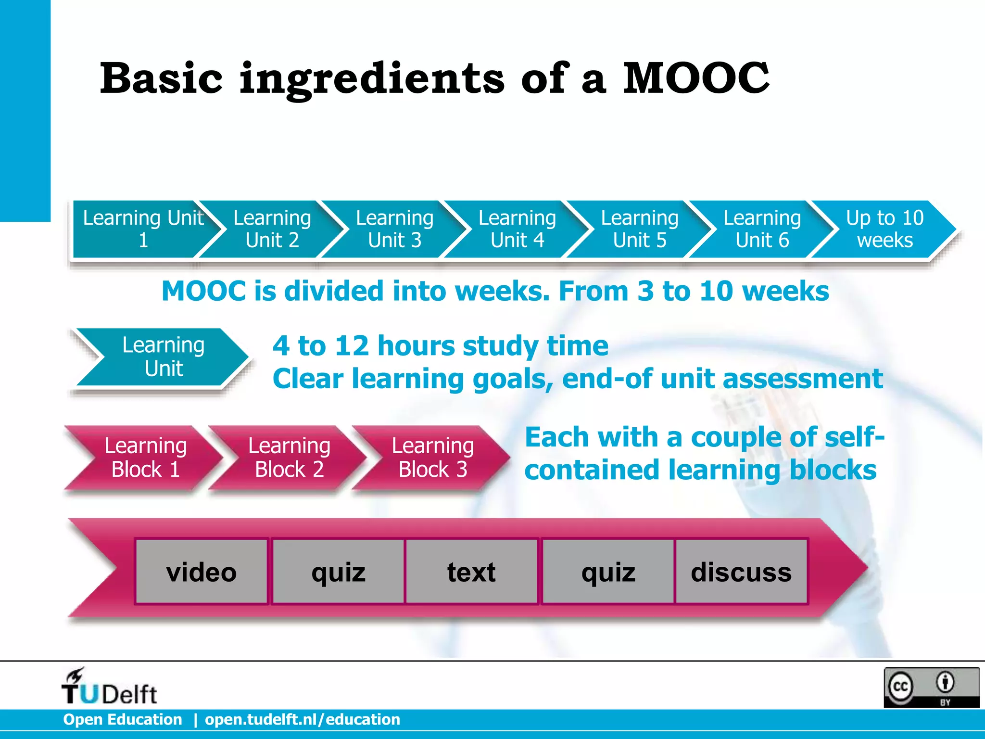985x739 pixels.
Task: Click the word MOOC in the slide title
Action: point(696,78)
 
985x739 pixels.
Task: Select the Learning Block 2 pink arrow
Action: point(289,458)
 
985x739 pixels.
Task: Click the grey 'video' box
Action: point(202,572)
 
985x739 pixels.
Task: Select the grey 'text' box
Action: point(471,572)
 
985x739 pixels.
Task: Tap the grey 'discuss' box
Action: point(741,572)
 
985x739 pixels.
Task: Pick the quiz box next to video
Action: point(338,572)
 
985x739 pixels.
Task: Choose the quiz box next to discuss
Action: point(608,572)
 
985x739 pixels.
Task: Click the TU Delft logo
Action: point(109,687)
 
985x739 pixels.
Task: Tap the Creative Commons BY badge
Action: point(931,687)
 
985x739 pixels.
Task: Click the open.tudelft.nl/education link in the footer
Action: point(303,719)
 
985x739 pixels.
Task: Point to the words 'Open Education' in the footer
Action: point(123,719)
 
